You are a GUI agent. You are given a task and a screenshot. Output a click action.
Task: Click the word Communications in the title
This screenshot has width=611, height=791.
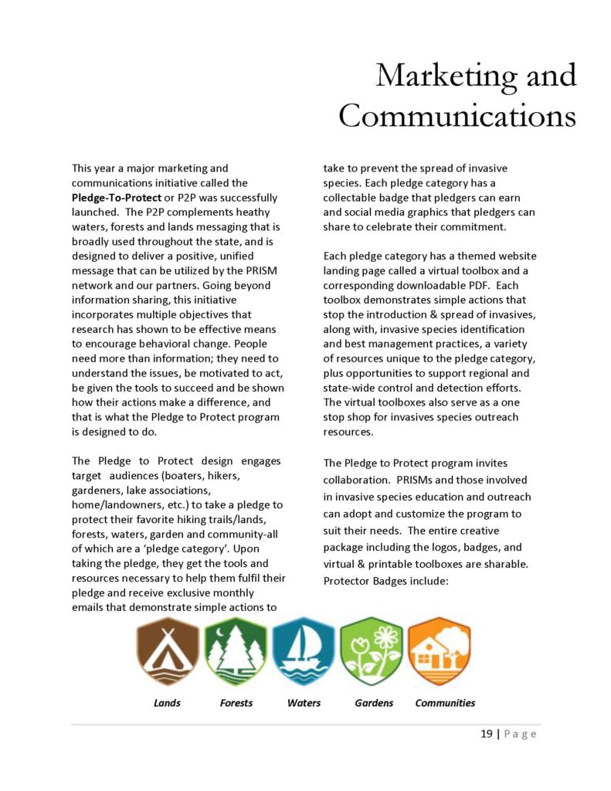coord(457,116)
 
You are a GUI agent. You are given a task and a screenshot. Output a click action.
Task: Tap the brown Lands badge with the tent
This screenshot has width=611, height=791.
coord(167,652)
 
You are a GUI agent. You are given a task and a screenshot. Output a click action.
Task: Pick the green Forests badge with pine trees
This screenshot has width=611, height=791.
coord(236,652)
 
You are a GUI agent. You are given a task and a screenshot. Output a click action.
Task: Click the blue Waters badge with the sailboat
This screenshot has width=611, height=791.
coord(304,652)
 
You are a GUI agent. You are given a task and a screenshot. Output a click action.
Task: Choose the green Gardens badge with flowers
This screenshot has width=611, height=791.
coord(372,652)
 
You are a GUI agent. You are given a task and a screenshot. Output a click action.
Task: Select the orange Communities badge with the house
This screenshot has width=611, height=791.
coord(440,652)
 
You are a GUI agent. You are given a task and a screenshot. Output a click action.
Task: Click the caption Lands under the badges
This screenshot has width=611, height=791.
coord(167,703)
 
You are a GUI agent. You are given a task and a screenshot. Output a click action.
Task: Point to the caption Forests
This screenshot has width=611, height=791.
coord(236,703)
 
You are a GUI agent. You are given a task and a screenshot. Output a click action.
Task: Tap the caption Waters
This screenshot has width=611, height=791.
coord(304,703)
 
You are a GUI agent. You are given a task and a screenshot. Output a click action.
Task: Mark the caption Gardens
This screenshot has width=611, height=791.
coord(374,703)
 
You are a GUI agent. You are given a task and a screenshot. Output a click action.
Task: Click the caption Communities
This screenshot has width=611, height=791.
coord(445,703)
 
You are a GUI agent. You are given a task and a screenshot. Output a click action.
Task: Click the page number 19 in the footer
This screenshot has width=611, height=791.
coord(487,734)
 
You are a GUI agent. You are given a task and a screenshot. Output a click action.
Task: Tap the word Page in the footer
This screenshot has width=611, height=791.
coord(520,734)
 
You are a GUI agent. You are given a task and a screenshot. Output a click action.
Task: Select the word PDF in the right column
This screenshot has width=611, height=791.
coord(457,285)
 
